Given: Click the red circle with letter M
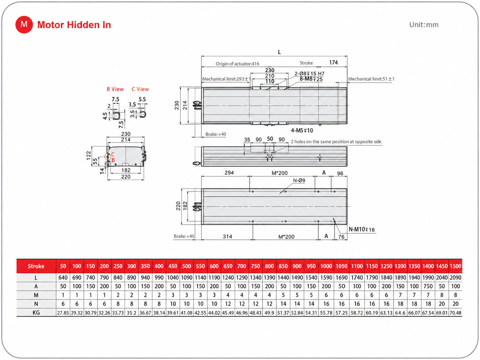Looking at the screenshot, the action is pos(24,25).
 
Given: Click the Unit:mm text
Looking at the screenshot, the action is pos(424,25).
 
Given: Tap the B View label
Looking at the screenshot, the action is pos(115,89).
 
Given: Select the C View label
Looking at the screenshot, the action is pos(140,89).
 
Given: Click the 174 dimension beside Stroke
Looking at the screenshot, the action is pos(333,63).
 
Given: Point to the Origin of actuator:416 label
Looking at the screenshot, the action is pos(237,64).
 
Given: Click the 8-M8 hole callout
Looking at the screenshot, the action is pos(311,79).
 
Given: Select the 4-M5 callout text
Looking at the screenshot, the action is pos(302,131).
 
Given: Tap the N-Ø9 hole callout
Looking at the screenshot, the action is pos(299,181).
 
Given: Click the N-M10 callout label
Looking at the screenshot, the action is pos(362,229).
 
